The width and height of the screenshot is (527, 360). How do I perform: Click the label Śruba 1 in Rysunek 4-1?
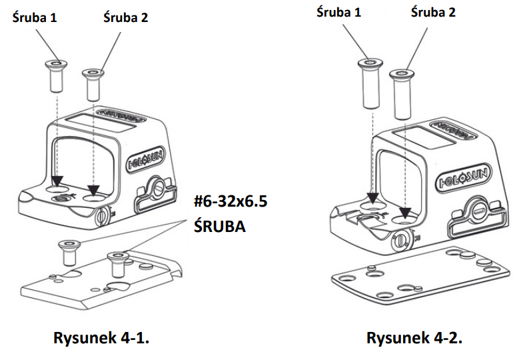35,18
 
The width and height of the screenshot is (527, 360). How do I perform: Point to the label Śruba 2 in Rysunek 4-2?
434,12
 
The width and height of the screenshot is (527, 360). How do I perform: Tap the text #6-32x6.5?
229,203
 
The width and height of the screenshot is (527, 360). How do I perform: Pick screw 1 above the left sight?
54,76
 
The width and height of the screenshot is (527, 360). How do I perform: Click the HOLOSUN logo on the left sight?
148,161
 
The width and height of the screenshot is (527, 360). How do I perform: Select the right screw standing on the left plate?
118,263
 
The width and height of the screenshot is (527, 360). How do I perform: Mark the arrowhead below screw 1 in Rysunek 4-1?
57,181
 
